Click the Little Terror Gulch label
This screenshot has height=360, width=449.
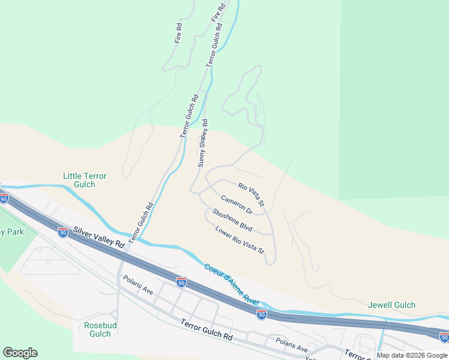click(85, 180)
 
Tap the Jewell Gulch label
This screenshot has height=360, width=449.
click(391, 305)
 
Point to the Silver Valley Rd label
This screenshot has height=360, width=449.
click(99, 237)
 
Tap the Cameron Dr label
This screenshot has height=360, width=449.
click(236, 205)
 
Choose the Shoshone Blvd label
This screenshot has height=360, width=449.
click(232, 220)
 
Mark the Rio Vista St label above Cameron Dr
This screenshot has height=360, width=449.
click(251, 194)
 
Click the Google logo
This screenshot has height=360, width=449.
click(20, 353)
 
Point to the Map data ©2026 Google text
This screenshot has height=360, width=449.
click(412, 355)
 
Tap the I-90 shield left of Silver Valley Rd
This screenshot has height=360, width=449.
click(62, 232)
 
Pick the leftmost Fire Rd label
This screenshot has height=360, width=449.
click(178, 32)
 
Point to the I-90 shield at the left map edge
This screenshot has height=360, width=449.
click(4, 199)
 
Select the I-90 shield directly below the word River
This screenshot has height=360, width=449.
click(261, 314)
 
